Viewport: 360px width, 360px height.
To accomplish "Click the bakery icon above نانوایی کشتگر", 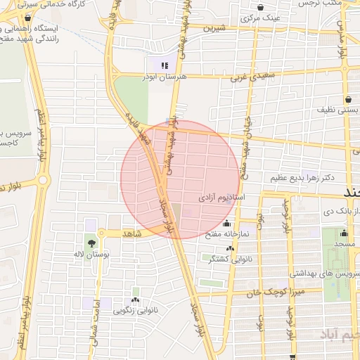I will coord(230,248).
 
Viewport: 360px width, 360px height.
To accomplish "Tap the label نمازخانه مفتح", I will coord(224,234).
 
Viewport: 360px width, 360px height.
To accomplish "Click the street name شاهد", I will coord(131,233).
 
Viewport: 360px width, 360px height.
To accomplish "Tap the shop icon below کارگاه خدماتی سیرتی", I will coord(27,18).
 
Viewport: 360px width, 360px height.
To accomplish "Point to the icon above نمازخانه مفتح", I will coord(226,224).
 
